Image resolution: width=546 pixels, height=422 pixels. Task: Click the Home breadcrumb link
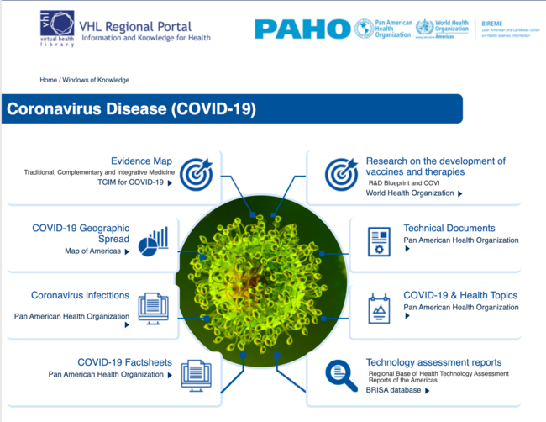pyautogui.click(x=48, y=80)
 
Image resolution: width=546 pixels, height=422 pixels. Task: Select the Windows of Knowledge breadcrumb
pyautogui.click(x=96, y=80)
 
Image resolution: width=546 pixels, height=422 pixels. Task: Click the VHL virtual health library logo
pyautogui.click(x=57, y=28)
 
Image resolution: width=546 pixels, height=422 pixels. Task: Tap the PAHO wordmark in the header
pyautogui.click(x=302, y=29)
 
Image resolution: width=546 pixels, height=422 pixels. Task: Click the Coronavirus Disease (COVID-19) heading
pyautogui.click(x=132, y=109)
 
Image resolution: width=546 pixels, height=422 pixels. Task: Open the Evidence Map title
pyautogui.click(x=141, y=161)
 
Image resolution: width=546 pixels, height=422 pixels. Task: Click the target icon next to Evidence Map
pyautogui.click(x=196, y=173)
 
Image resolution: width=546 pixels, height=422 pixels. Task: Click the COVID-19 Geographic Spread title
pyautogui.click(x=81, y=233)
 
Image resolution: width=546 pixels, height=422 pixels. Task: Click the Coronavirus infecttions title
pyautogui.click(x=80, y=295)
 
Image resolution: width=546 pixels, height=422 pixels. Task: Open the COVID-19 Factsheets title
pyautogui.click(x=124, y=362)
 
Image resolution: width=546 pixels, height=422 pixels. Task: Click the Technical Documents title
pyautogui.click(x=449, y=228)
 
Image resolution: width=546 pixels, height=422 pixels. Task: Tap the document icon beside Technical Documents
pyautogui.click(x=379, y=241)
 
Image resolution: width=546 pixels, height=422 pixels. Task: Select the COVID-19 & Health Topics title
pyautogui.click(x=460, y=295)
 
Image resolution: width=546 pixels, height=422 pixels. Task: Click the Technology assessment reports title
pyautogui.click(x=433, y=362)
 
